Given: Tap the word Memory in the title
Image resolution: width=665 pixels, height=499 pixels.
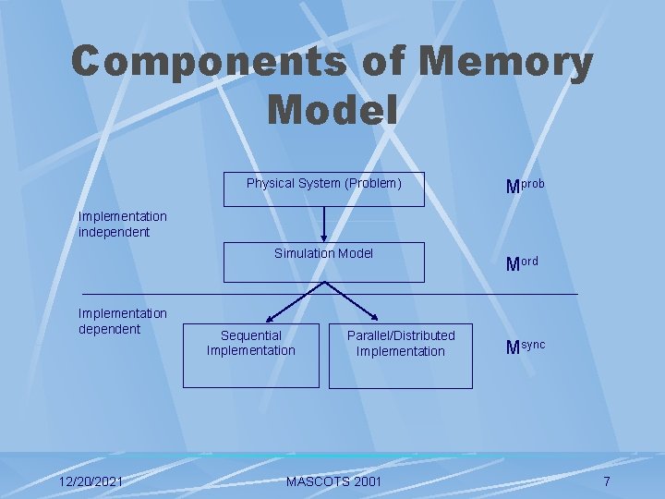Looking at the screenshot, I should coord(505,63).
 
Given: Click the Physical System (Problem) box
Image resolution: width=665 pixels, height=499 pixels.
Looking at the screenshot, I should coord(324,189).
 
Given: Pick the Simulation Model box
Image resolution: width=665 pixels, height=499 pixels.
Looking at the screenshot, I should coord(324,262).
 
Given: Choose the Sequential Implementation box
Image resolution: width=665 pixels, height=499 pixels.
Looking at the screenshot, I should coord(251,355).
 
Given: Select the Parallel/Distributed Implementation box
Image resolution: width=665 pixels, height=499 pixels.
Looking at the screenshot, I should coord(401,355).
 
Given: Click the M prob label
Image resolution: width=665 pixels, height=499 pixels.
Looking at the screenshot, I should coord(525,186).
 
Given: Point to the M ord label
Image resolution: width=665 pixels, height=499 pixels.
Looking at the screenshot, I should coord(522,263).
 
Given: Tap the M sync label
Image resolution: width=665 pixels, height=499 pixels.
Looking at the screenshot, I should coord(525,347).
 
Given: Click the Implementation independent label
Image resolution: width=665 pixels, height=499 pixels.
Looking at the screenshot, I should coord(123,225).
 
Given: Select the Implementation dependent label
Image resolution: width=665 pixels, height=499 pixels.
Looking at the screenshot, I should coord(123,322).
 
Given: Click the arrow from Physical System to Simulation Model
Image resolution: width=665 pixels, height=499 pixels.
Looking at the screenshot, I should coord(324,224).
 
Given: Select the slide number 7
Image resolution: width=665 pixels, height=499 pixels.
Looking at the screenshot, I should coord(607,481).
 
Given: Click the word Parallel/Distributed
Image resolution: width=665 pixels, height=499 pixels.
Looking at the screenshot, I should coord(401,335).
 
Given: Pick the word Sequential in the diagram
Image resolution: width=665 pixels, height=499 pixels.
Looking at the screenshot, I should coord(251,335).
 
